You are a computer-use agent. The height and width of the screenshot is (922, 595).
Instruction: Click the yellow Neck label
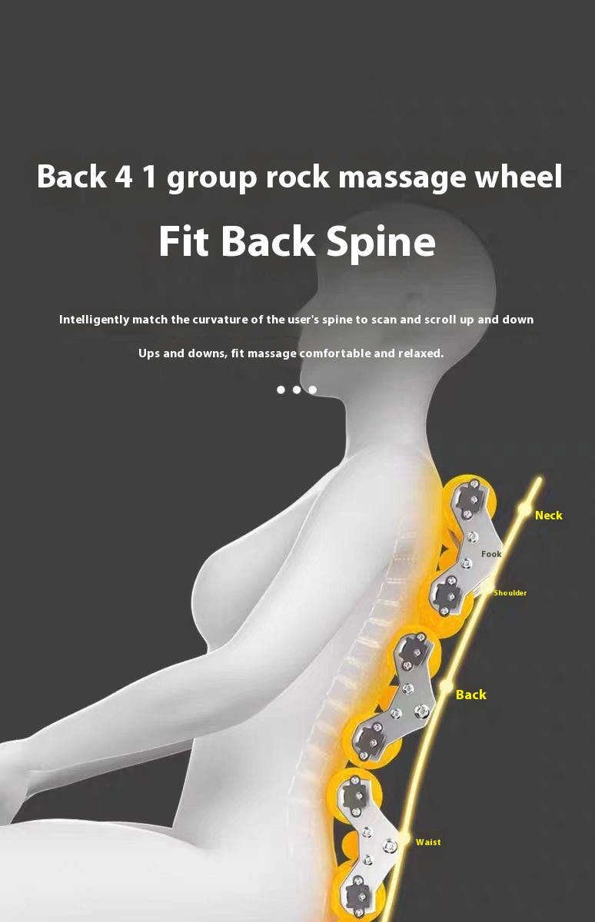548,516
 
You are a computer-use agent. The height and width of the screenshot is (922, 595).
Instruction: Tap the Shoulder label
510,593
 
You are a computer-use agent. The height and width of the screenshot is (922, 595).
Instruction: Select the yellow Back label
470,695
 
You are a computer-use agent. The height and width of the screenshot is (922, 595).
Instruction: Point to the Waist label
428,842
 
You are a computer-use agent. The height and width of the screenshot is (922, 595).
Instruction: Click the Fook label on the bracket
491,554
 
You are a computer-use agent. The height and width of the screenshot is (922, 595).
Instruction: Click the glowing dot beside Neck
524,509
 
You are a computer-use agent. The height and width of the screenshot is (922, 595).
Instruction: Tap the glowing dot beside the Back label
446,688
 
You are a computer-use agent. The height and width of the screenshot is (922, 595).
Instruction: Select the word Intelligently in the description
94,320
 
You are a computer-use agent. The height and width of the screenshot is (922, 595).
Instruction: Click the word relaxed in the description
420,353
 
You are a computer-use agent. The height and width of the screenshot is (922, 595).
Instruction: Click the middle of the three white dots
297,390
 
